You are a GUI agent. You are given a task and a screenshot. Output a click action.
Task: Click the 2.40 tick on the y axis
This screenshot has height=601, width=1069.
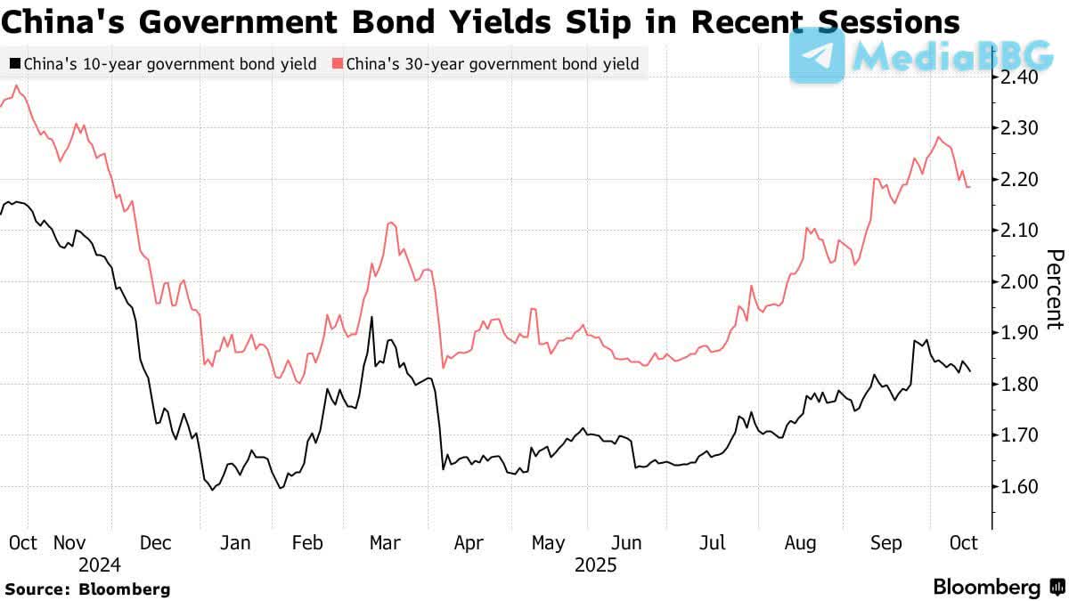(1017, 77)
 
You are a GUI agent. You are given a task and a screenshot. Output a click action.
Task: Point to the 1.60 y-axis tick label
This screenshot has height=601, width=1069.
(1017, 487)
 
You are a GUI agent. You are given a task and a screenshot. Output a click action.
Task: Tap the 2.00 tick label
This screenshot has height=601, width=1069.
(1017, 282)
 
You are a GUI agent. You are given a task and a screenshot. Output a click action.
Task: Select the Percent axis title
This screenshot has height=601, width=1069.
(1054, 289)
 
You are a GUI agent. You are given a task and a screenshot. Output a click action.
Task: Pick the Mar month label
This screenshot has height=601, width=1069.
(386, 542)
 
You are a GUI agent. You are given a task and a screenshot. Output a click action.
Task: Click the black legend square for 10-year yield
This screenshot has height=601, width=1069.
(15, 64)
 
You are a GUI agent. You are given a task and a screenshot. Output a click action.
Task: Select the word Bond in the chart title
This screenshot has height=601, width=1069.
(385, 20)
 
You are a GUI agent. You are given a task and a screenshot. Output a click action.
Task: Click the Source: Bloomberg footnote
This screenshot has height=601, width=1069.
(87, 589)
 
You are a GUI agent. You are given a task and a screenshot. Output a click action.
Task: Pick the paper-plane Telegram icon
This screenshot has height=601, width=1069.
(817, 55)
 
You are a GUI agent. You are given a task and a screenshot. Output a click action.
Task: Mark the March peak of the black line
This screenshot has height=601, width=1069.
(371, 317)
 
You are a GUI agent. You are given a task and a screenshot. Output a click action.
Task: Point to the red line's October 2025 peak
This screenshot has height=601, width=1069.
(939, 137)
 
